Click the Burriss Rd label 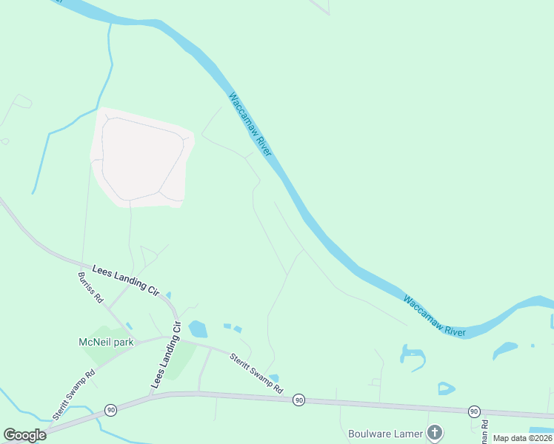coord(90,289)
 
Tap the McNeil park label coord(105,342)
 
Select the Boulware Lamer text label coord(385,433)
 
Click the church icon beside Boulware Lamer coord(435,432)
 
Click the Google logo coord(24,435)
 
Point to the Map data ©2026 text coord(522,438)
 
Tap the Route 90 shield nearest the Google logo coord(110,409)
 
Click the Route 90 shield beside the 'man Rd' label coord(473,411)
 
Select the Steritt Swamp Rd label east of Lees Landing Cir coord(256,372)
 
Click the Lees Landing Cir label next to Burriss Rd coord(125,280)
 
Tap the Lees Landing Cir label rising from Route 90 coord(167,355)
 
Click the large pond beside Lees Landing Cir coord(198,329)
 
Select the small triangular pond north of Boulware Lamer coord(445,388)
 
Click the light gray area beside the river coord(141,155)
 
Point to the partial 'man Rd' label coord(485,431)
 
